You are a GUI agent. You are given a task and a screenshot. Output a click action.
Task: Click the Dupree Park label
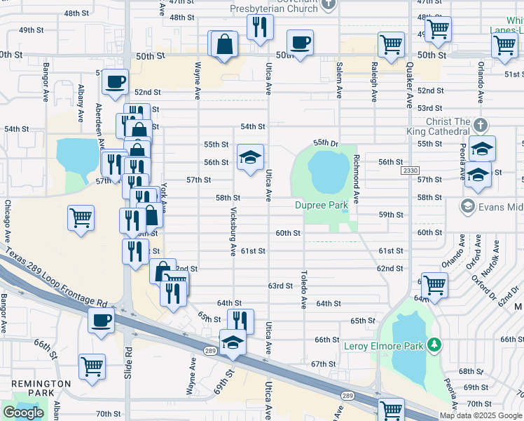coord(321,205)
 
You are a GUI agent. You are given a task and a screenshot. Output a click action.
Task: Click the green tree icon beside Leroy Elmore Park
coord(435,345)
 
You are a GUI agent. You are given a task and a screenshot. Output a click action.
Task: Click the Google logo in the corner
coord(23,413)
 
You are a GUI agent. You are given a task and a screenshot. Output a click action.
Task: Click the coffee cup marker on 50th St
coord(300,44)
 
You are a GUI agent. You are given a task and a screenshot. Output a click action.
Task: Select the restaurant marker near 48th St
coord(259,28)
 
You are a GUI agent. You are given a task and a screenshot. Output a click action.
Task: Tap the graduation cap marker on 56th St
coord(249,157)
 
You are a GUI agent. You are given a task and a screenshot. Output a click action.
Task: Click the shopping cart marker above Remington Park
coord(92,366)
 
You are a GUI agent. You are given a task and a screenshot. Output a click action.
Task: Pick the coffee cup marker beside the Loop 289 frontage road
coord(102,321)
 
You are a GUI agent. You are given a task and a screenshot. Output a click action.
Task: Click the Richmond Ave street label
coord(357,179)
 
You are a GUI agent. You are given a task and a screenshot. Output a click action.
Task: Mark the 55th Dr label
coord(326,142)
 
